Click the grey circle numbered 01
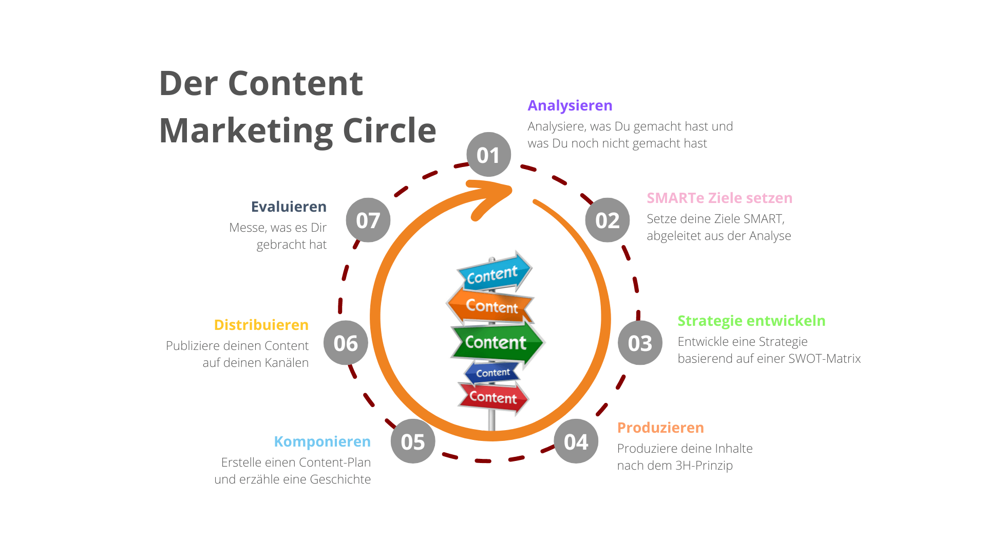[x=488, y=155]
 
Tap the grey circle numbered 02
[x=608, y=220]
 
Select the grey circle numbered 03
[x=640, y=343]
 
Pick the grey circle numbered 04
[x=576, y=441]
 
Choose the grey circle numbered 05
[x=413, y=441]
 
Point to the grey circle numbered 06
[x=346, y=343]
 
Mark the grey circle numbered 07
[x=368, y=220]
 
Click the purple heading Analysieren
[x=570, y=105]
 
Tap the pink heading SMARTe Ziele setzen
[x=719, y=198]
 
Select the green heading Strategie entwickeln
[x=751, y=321]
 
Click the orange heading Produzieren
[x=660, y=428]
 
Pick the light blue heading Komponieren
[x=322, y=441]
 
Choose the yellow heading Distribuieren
[x=261, y=325]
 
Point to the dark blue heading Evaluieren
[x=289, y=207]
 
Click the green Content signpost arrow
[x=497, y=342]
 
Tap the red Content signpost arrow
[x=493, y=397]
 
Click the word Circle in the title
[x=389, y=131]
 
